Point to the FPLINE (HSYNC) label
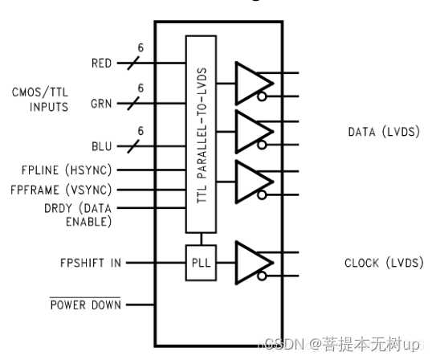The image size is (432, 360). (67, 170)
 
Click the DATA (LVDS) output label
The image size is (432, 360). (383, 131)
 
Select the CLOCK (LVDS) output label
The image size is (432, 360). (383, 262)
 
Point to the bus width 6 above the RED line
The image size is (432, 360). (141, 48)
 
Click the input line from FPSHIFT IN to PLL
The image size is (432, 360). (157, 262)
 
